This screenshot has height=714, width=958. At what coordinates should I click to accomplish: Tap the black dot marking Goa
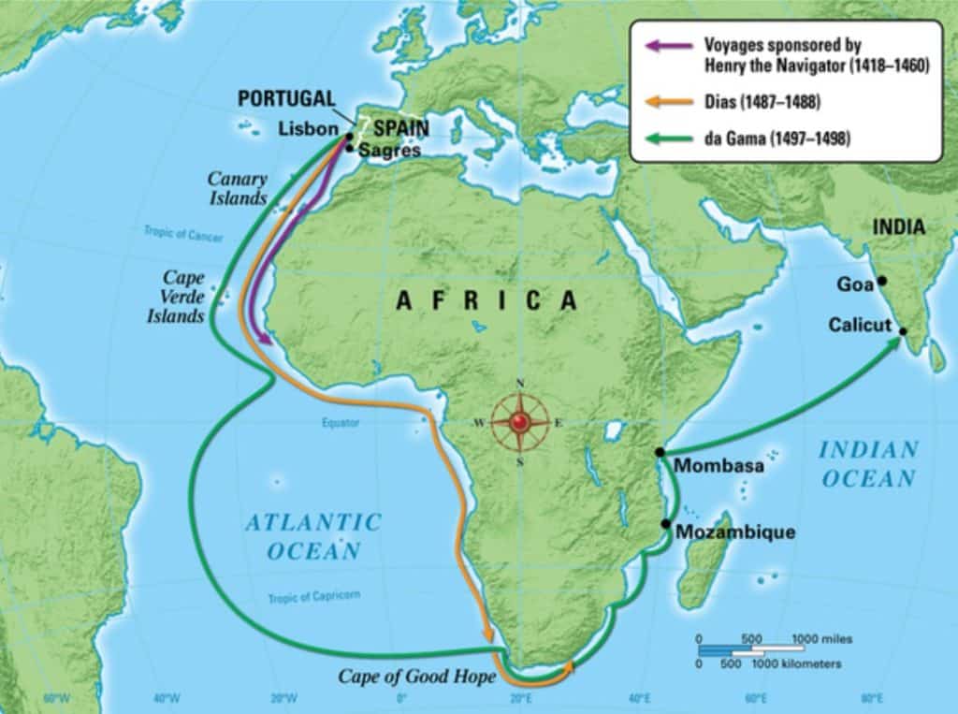tap(881, 281)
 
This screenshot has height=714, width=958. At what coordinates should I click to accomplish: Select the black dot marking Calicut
tap(903, 331)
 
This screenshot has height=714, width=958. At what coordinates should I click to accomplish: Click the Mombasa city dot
tap(661, 453)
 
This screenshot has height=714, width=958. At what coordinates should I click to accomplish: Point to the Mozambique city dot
tap(665, 523)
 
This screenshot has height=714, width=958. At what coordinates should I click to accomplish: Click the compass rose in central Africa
tap(520, 422)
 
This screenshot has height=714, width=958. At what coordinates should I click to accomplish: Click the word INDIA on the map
tap(898, 227)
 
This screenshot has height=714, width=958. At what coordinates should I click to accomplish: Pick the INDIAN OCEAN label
tap(867, 464)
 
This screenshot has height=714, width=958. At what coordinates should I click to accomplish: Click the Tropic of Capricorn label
tap(313, 596)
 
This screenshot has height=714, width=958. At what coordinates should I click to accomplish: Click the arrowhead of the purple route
tap(266, 342)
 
